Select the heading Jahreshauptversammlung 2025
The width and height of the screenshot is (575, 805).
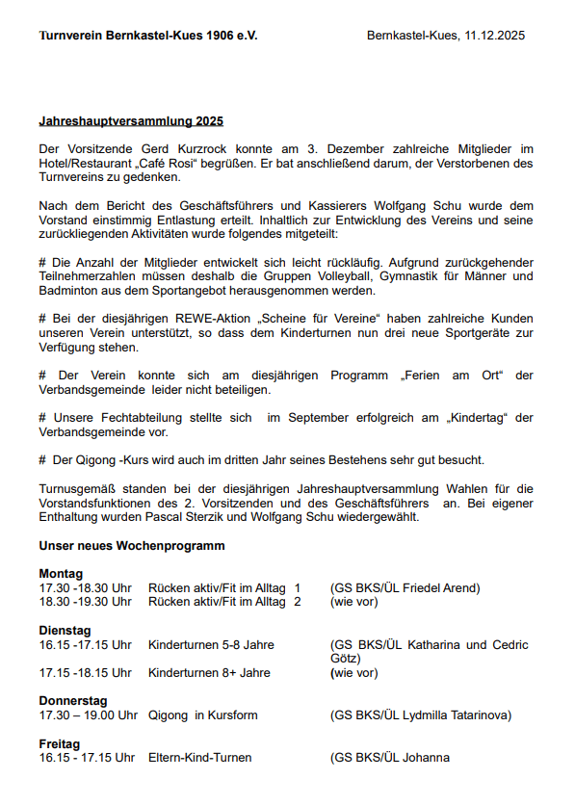pyautogui.click(x=131, y=122)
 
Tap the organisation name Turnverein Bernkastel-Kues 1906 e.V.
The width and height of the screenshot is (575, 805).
pyautogui.click(x=148, y=36)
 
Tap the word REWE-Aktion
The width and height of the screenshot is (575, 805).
pyautogui.click(x=222, y=319)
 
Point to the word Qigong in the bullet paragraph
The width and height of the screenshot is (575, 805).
pyautogui.click(x=95, y=459)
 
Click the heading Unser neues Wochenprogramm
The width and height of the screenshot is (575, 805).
pyautogui.click(x=132, y=546)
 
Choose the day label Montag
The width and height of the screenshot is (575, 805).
pyautogui.click(x=61, y=574)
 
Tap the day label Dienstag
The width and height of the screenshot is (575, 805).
pyautogui.click(x=65, y=631)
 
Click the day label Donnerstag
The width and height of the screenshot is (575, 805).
pyautogui.click(x=73, y=701)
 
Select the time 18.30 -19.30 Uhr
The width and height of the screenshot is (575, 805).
pyautogui.click(x=85, y=602)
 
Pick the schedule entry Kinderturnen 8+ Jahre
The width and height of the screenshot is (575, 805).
pyautogui.click(x=209, y=673)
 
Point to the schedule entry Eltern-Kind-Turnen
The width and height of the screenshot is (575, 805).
pyautogui.click(x=200, y=758)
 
